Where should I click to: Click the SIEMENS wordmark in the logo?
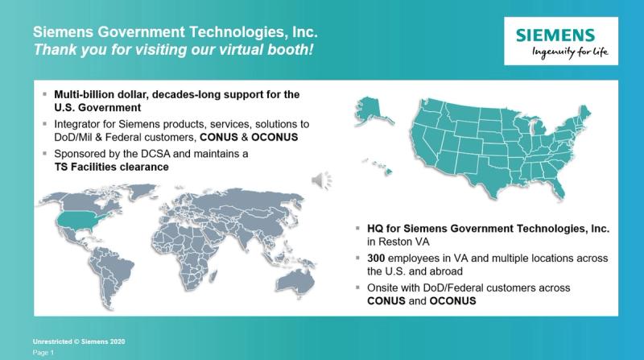tap(555, 35)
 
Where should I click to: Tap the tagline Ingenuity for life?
tap(570, 52)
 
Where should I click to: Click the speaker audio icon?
tap(321, 180)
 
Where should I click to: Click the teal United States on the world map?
tap(82, 221)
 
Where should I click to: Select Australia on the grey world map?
tap(295, 283)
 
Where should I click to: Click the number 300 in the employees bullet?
tap(376, 258)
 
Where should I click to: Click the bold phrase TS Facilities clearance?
tap(111, 167)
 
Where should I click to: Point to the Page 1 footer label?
tap(43, 353)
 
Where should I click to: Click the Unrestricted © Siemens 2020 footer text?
tap(79, 341)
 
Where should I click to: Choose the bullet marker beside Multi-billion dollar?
tap(45, 94)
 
